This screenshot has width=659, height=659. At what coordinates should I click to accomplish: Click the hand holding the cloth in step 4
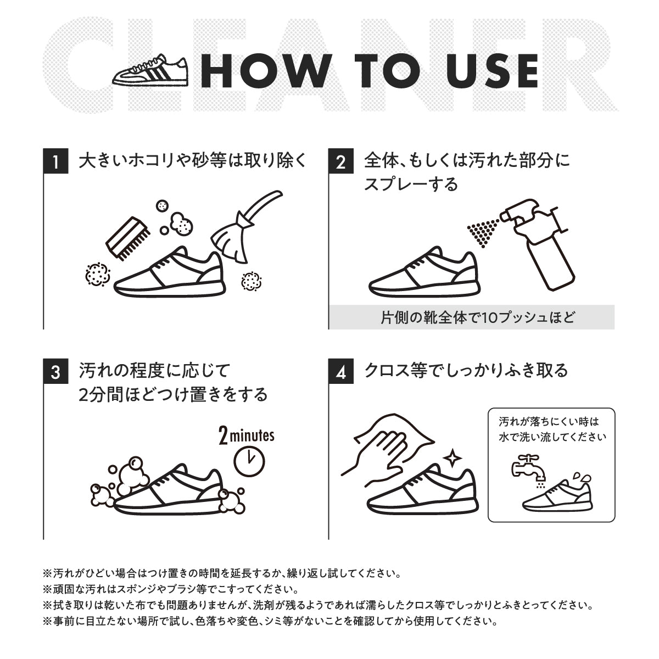click(379, 450)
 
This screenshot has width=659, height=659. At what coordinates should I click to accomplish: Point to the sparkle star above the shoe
click(454, 457)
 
